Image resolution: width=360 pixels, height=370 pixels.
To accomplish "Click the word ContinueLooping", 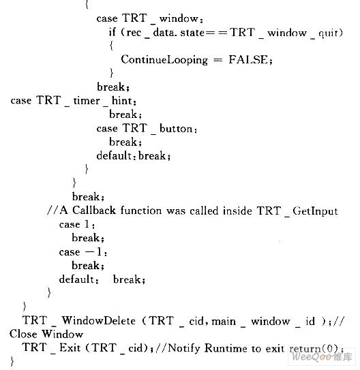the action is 164,60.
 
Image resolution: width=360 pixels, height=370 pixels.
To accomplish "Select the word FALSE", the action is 248,59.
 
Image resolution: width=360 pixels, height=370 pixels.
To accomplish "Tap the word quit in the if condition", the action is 328,33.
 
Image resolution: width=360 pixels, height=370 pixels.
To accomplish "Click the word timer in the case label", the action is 87,101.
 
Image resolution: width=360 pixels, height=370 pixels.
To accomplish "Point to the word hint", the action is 122,101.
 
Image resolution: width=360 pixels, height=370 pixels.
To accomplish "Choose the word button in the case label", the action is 176,128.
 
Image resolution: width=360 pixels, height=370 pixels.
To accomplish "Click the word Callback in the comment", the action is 94,211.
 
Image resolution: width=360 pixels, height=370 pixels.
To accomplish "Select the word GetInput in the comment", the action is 316,211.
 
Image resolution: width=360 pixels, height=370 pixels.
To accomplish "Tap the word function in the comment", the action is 141,211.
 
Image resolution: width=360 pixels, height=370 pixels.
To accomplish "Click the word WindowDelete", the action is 99,321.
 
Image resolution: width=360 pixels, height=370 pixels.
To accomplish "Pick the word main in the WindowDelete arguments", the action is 224,322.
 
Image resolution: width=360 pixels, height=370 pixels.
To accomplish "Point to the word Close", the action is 23,334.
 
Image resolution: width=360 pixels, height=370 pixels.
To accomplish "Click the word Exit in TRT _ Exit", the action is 70,348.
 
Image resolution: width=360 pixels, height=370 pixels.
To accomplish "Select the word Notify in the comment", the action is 184,348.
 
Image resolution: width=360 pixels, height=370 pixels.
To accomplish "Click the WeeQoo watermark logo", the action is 322,356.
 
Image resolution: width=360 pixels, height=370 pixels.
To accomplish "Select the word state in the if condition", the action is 192,33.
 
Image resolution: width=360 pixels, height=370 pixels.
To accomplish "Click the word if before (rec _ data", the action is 112,32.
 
